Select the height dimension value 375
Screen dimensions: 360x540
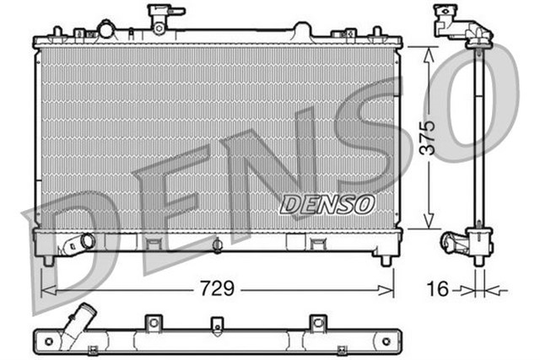point(429,137)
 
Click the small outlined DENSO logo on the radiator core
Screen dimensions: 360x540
point(327,203)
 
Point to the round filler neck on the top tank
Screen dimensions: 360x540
point(105,30)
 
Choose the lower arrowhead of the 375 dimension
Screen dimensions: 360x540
point(429,226)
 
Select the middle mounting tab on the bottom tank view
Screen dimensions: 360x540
point(217,325)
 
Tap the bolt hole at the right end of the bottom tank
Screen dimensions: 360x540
point(386,341)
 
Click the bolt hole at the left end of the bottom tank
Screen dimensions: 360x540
point(48,341)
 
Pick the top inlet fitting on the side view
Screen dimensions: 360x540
point(456,22)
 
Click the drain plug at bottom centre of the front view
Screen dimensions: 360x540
point(217,246)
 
